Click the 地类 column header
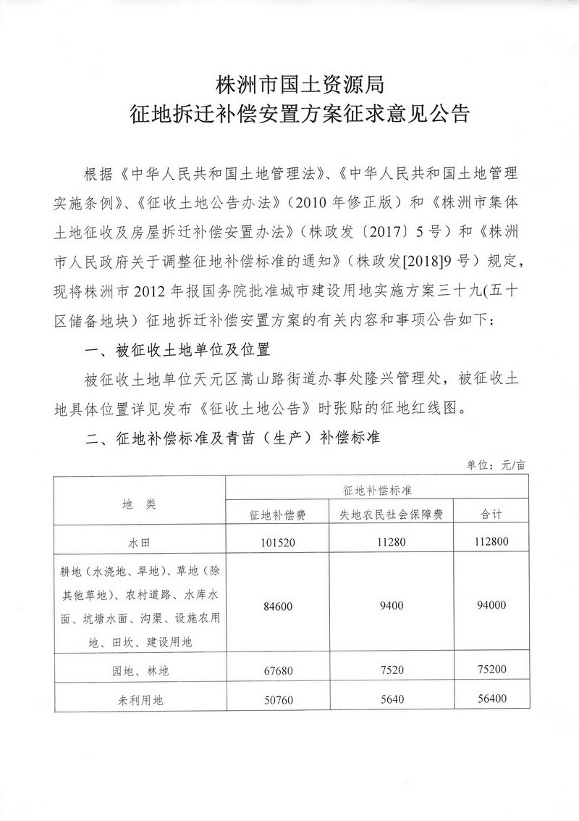139,503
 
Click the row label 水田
139,541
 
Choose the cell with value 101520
276,541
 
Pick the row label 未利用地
139,702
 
